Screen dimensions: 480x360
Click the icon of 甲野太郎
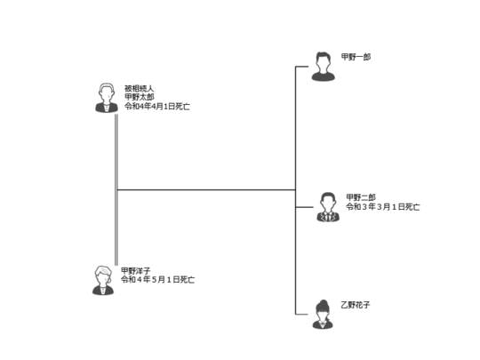[x=107, y=98]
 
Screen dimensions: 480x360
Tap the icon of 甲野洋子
[x=103, y=280]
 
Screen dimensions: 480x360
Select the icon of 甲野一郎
[x=324, y=67]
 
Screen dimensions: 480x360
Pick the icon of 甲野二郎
[x=328, y=207]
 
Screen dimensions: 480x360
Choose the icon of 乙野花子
[x=323, y=314]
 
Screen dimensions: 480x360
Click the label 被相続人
[x=139, y=89]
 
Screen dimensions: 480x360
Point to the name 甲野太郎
[x=139, y=98]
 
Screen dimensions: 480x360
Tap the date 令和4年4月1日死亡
[x=157, y=107]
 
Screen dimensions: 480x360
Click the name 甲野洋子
[x=136, y=271]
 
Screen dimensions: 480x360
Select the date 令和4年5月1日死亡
[x=157, y=279]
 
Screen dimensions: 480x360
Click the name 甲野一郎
[x=356, y=57]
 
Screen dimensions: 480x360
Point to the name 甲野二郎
[x=361, y=197]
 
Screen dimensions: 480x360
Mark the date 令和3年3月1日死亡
[x=383, y=207]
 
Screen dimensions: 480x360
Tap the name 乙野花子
[x=356, y=305]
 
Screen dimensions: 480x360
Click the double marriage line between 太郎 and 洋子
[x=116, y=190]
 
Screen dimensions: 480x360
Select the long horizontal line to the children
[x=206, y=190]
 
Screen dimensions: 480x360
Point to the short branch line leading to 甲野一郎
[x=302, y=67]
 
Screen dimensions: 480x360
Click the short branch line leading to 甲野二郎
[x=304, y=207]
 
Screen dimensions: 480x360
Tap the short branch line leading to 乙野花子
[x=301, y=314]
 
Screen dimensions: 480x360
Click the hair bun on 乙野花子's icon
[x=323, y=303]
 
